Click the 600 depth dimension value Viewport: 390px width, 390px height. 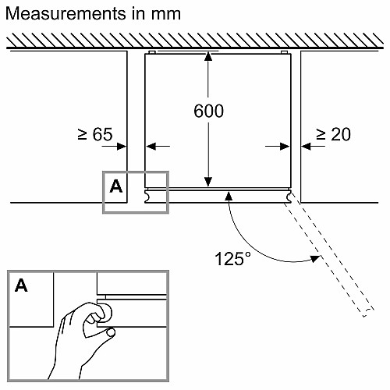pyautogui.click(x=208, y=111)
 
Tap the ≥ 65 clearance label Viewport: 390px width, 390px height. pyautogui.click(x=95, y=134)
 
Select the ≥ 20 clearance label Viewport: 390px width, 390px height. pyautogui.click(x=333, y=134)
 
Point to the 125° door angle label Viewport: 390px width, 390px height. pyautogui.click(x=233, y=259)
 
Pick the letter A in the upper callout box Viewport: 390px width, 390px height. pyautogui.click(x=116, y=186)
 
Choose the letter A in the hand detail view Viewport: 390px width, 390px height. pyautogui.click(x=21, y=285)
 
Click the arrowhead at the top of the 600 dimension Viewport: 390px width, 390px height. pyautogui.click(x=208, y=56)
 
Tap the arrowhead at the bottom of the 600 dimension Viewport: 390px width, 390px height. pyautogui.click(x=208, y=182)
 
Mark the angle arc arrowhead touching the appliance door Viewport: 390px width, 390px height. pyautogui.click(x=229, y=196)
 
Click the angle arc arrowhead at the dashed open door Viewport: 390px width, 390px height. pyautogui.click(x=316, y=259)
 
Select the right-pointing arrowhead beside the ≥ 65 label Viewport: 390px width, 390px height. pyautogui.click(x=122, y=147)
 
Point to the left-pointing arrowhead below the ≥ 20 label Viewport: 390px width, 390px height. pyautogui.click(x=306, y=147)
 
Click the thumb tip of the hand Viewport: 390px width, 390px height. pyautogui.click(x=112, y=332)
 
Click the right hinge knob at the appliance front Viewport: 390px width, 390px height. pyautogui.click(x=289, y=197)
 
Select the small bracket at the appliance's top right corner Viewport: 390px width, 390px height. pyautogui.click(x=284, y=52)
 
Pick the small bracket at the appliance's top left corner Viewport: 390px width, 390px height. pyautogui.click(x=152, y=52)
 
